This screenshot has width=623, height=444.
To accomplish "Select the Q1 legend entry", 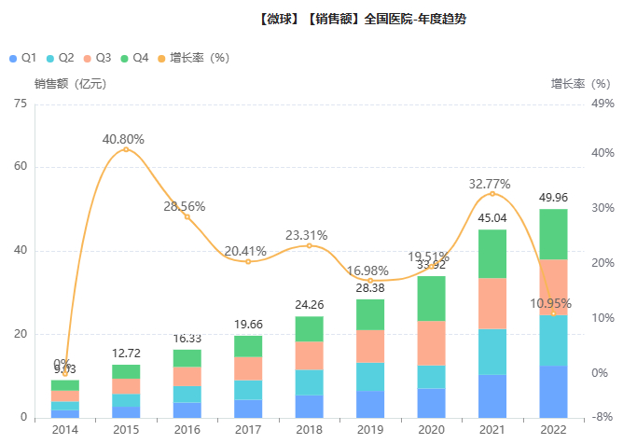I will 22,58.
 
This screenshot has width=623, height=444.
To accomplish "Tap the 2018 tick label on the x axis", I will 309,430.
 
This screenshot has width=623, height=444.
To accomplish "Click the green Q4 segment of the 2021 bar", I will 492,254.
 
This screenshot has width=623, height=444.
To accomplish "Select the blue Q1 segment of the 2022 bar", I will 553,392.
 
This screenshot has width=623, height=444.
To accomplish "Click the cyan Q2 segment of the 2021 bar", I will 492,352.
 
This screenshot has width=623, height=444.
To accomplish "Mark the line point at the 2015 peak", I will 126,149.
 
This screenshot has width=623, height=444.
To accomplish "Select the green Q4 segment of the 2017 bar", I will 248,346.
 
